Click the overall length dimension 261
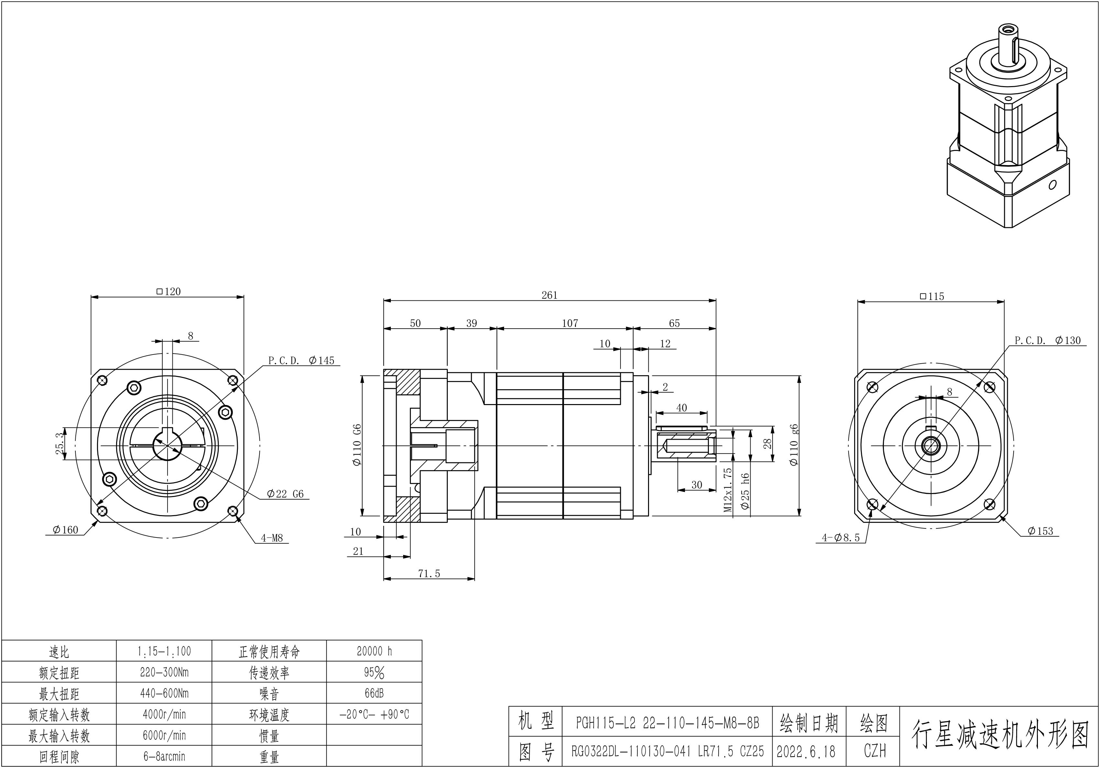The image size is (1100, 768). click(x=550, y=295)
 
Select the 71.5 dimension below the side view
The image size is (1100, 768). click(x=429, y=574)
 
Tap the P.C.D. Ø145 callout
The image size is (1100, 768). click(x=301, y=360)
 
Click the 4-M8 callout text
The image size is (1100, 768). click(x=272, y=538)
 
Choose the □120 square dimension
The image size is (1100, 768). click(x=169, y=291)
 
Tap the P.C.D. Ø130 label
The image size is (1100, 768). click(x=1047, y=340)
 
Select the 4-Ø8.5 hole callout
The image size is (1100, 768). click(x=841, y=538)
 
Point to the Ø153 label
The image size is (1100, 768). click(x=1040, y=531)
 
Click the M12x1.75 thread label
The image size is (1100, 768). click(x=728, y=490)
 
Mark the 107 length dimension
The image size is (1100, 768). click(x=570, y=323)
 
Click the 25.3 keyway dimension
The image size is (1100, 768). click(x=60, y=444)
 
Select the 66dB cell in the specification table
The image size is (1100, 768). click(x=374, y=693)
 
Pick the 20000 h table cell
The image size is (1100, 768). click(x=374, y=651)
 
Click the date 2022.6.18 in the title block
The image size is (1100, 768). click(x=806, y=751)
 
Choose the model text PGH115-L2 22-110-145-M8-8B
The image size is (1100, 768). click(x=667, y=723)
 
